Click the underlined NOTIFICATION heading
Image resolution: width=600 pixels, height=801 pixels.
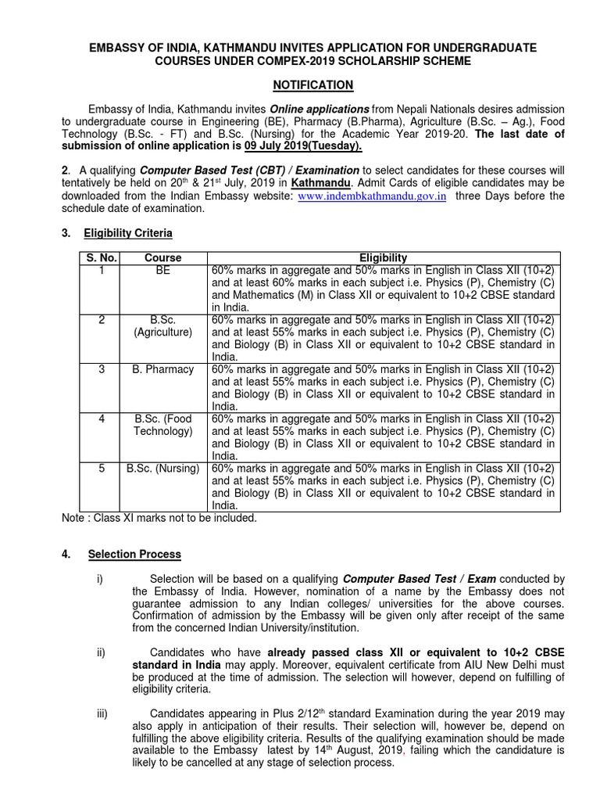click(300, 84)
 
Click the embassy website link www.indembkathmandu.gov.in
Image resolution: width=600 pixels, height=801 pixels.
click(372, 197)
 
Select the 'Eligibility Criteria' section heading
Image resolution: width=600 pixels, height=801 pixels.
click(130, 233)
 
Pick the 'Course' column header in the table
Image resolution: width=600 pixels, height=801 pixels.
click(162, 257)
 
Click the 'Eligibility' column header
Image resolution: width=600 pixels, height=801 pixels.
click(383, 257)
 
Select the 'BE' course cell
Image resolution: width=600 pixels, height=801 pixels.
click(162, 270)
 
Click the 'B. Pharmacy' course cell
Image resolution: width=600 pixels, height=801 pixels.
click(162, 369)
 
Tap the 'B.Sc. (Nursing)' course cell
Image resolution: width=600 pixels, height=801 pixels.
click(162, 469)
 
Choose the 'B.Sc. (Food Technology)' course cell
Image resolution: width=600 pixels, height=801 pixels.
click(162, 425)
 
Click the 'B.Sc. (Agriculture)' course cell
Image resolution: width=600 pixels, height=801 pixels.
click(162, 325)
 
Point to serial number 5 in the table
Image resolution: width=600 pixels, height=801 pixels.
click(101, 469)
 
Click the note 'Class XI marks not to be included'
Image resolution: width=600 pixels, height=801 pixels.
click(159, 517)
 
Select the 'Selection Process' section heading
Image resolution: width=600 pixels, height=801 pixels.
click(134, 554)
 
